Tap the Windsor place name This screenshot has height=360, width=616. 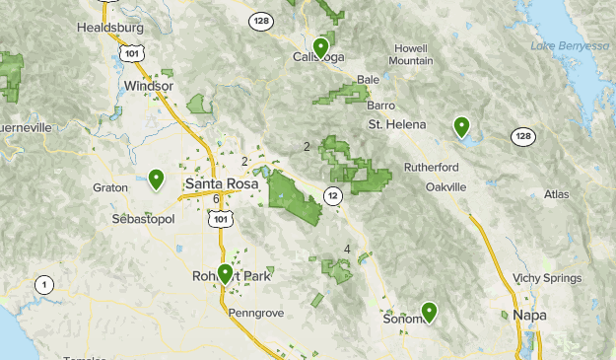(x=149, y=86)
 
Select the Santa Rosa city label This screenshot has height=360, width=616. (x=222, y=183)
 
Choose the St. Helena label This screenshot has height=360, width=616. (x=397, y=124)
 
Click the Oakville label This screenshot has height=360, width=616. (x=445, y=186)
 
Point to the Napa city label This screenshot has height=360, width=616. (x=529, y=315)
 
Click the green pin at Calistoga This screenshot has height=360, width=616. (x=320, y=46)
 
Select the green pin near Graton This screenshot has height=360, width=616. (x=156, y=179)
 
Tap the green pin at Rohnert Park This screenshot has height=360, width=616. (x=226, y=273)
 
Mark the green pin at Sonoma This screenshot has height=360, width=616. (x=429, y=312)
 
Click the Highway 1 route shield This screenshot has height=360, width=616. (x=43, y=285)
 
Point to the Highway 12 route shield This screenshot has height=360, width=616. (x=334, y=195)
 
